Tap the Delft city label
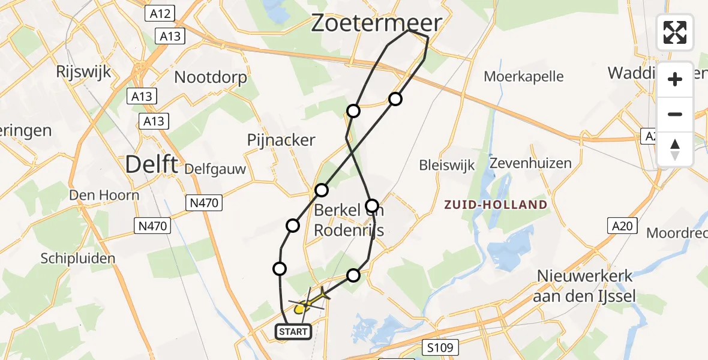(152, 164)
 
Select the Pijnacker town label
(281, 140)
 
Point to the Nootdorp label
(210, 77)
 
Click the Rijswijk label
(83, 72)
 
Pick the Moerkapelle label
(524, 76)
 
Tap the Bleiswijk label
(447, 165)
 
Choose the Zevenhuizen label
(530, 163)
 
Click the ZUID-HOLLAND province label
(496, 205)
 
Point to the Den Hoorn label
(104, 195)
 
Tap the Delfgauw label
(216, 169)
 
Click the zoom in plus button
(675, 79)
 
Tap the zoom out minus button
(675, 114)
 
